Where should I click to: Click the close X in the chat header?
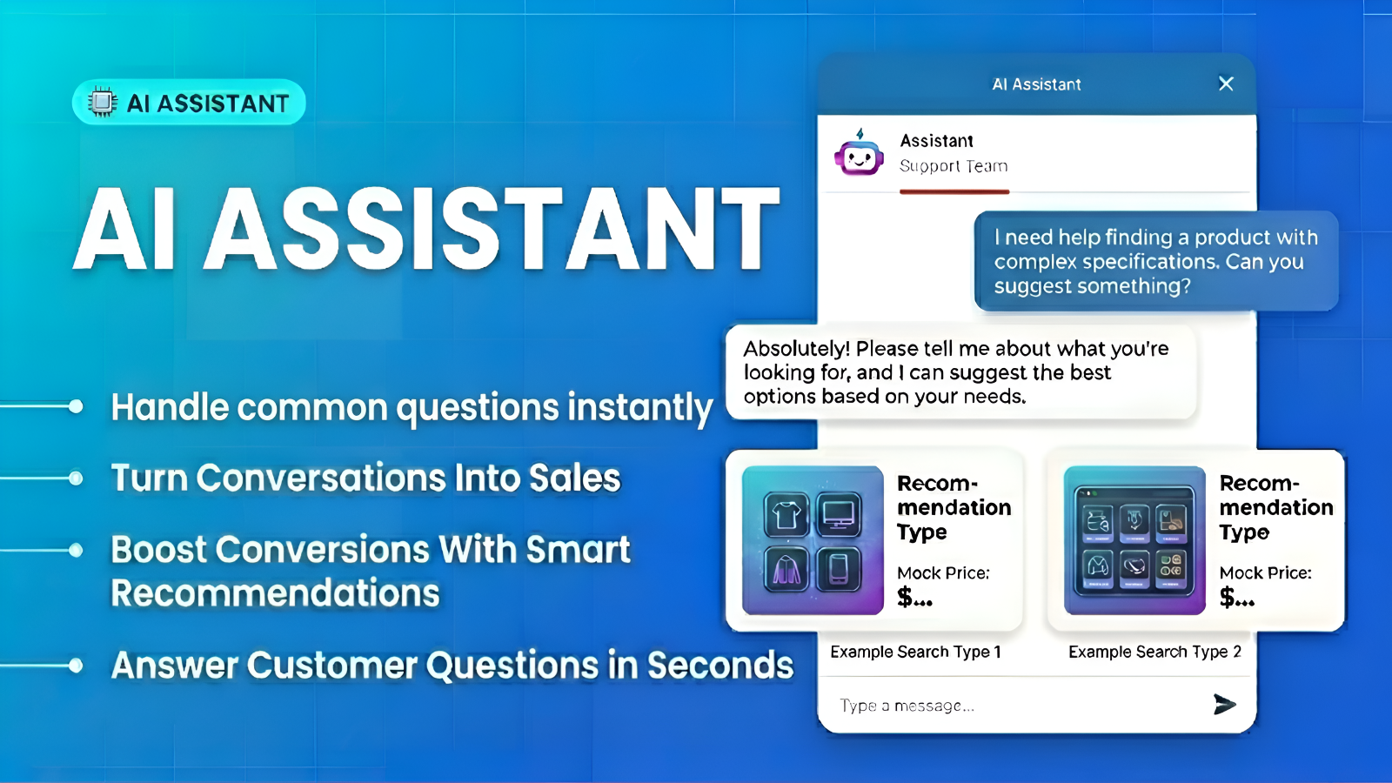click(1226, 84)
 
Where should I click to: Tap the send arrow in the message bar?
click(1224, 704)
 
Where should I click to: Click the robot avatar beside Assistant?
click(859, 153)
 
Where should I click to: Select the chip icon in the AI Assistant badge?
click(102, 102)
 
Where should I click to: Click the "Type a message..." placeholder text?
click(907, 706)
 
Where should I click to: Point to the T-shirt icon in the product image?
click(786, 514)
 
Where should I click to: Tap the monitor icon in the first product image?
click(839, 514)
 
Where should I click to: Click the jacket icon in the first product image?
click(786, 569)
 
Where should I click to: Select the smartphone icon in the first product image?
click(839, 569)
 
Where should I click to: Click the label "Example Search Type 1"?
click(915, 652)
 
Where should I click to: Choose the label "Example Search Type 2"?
click(1154, 652)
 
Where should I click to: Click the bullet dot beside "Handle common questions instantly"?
click(76, 406)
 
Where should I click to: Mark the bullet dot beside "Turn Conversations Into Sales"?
click(76, 478)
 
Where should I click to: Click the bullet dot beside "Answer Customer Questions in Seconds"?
click(76, 666)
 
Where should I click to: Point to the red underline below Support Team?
click(954, 191)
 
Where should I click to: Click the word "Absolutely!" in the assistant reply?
click(797, 349)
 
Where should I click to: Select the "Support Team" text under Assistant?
click(954, 166)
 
